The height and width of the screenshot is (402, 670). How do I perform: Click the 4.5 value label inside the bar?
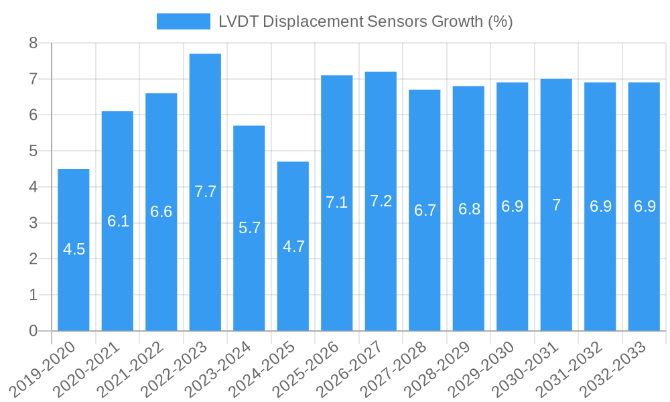pyautogui.click(x=74, y=250)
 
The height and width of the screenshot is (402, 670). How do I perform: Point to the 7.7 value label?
pyautogui.click(x=205, y=192)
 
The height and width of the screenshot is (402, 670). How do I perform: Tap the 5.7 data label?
pyautogui.click(x=249, y=228)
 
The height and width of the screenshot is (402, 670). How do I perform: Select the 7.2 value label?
pyautogui.click(x=381, y=201)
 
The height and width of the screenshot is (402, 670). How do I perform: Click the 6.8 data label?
pyautogui.click(x=469, y=209)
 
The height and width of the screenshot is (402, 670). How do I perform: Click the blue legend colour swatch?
pyautogui.click(x=183, y=21)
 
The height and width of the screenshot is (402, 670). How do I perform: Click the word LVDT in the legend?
pyautogui.click(x=238, y=21)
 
